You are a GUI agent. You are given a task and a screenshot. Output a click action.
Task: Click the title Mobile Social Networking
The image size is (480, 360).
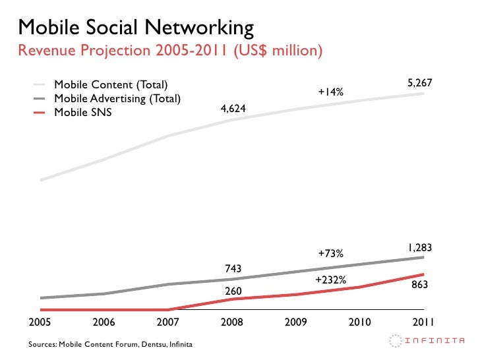[136, 27]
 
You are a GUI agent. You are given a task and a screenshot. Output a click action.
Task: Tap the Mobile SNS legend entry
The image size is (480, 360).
[82, 112]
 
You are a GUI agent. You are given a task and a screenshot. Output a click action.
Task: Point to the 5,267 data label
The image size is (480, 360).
[419, 83]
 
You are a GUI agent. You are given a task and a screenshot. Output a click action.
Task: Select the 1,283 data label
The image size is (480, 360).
[419, 248]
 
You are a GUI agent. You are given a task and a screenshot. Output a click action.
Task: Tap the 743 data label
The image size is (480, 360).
[233, 268]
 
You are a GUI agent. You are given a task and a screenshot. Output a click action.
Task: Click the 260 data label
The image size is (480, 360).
[233, 291]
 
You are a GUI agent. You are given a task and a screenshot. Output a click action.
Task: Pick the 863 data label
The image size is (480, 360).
[421, 284]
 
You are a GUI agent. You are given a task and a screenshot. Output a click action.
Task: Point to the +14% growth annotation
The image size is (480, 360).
[330, 92]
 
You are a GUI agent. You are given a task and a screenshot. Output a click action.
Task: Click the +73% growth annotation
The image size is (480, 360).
[330, 253]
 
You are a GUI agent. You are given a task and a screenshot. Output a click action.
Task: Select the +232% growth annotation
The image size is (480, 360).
[330, 280]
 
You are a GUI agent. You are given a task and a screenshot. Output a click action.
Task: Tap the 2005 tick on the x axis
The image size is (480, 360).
[40, 322]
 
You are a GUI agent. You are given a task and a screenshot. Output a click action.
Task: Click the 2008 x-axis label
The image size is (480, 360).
[233, 322]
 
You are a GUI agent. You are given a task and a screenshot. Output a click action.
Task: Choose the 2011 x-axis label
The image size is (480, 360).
[423, 322]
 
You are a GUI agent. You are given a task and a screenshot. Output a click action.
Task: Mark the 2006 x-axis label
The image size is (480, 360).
[104, 322]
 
